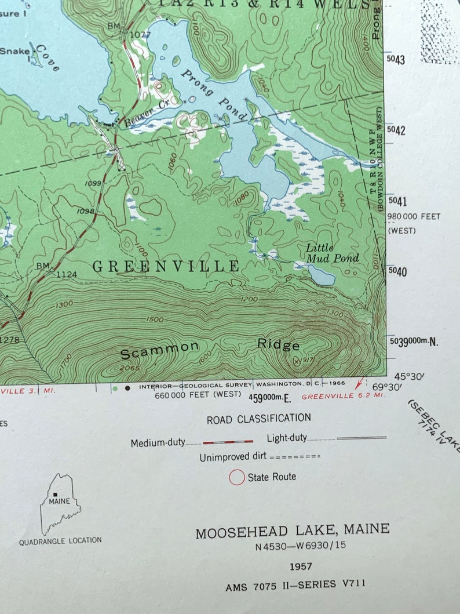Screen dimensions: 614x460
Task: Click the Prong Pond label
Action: point(214,96)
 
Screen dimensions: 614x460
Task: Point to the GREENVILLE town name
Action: point(166,267)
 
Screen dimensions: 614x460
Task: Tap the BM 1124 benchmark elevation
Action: point(65,274)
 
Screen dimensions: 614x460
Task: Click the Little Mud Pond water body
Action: point(321,275)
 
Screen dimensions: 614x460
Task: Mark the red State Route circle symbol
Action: point(237,477)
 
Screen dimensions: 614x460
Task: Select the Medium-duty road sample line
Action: point(228,442)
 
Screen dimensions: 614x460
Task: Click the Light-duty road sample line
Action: point(361,438)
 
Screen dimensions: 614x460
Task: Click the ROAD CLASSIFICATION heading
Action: point(258,418)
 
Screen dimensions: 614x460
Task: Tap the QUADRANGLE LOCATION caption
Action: point(60,541)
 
